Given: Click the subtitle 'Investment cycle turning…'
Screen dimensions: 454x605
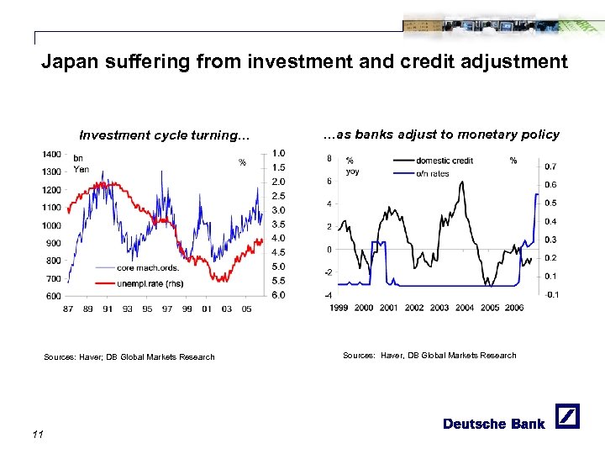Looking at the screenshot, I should (164, 135).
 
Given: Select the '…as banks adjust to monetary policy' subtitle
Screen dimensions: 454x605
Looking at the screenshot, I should (441, 135).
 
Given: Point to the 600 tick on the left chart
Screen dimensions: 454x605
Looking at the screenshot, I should (53, 295).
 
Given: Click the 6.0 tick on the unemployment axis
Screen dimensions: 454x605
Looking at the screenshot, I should (278, 295).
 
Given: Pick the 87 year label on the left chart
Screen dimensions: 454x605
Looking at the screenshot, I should (68, 309).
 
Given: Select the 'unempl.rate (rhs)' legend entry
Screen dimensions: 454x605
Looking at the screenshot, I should (150, 283).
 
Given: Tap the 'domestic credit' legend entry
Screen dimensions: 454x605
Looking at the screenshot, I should (445, 161).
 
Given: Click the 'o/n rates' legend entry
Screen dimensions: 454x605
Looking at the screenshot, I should (433, 173).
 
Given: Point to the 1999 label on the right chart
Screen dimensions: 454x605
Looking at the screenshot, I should (338, 308).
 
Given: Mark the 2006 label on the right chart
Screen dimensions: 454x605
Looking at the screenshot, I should (514, 308).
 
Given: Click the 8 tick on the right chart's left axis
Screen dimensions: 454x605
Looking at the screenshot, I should (329, 157).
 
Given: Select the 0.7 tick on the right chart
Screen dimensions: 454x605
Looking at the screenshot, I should (550, 166).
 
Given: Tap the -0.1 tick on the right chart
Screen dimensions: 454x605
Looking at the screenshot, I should (551, 294).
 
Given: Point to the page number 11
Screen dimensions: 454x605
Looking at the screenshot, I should (36, 434).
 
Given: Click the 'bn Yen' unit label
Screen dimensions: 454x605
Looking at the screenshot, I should (81, 163).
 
